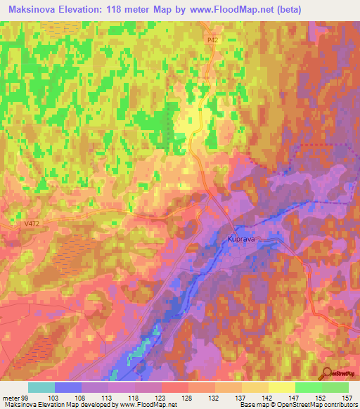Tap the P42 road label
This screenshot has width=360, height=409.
pyautogui.click(x=213, y=41)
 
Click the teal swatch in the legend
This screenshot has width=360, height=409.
pyautogui.click(x=41, y=387)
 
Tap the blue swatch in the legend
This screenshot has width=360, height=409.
pyautogui.click(x=68, y=387)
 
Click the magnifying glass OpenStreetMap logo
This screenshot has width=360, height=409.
pyautogui.click(x=327, y=373)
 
